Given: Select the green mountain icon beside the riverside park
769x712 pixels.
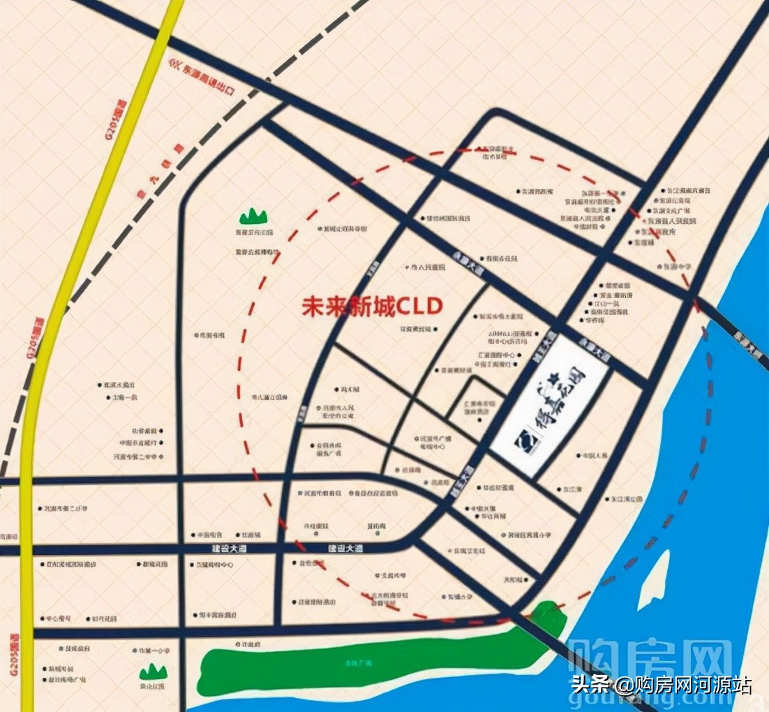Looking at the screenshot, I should pos(153,672).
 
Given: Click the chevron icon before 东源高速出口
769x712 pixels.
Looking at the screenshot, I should pos(174,64).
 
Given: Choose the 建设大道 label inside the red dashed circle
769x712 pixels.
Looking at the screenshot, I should pos(345,549).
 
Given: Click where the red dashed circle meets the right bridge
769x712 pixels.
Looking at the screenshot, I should pos(695,300).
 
